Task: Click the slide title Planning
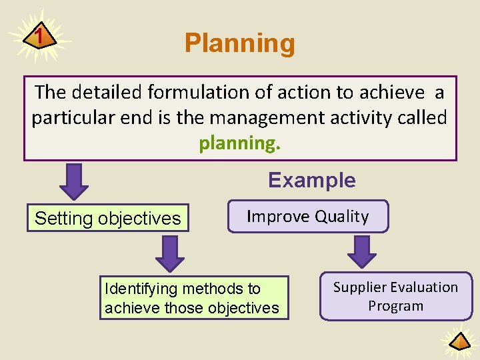239,43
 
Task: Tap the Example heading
311,180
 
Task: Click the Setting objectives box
108,218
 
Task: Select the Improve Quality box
307,217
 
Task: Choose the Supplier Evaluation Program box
395,297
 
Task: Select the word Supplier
363,287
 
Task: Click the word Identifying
142,289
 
